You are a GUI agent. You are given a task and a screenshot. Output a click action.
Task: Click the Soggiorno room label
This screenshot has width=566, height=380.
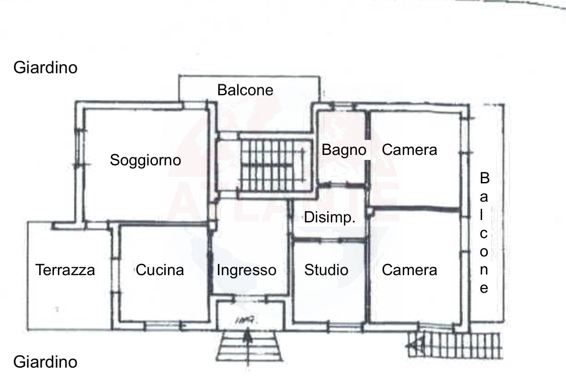[145, 160]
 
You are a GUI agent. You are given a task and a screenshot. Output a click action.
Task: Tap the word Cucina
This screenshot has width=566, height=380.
[160, 270]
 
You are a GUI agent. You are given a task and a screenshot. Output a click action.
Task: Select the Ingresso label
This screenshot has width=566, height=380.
[246, 270]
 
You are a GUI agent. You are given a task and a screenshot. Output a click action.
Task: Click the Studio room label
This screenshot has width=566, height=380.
[326, 270]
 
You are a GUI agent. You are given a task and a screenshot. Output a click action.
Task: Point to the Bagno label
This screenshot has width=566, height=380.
[344, 150]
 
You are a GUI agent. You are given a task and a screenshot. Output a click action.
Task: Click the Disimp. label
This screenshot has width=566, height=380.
[329, 218]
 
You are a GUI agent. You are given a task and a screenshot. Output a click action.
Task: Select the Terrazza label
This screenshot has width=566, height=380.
[65, 270]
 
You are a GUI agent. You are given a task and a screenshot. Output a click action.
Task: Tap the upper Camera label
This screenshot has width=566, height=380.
[409, 150]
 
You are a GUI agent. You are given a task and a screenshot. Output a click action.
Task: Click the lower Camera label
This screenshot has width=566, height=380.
[409, 270]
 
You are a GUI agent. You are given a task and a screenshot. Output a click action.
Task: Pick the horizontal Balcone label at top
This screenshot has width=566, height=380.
[245, 90]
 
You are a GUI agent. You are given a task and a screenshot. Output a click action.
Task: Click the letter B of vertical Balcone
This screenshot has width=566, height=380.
[484, 178]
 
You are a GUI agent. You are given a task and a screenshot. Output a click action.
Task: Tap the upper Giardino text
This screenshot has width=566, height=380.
[45, 67]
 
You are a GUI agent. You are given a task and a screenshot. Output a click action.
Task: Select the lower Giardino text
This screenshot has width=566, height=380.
[45, 362]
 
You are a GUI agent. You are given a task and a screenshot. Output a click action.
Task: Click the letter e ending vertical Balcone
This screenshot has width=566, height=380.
[484, 289]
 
